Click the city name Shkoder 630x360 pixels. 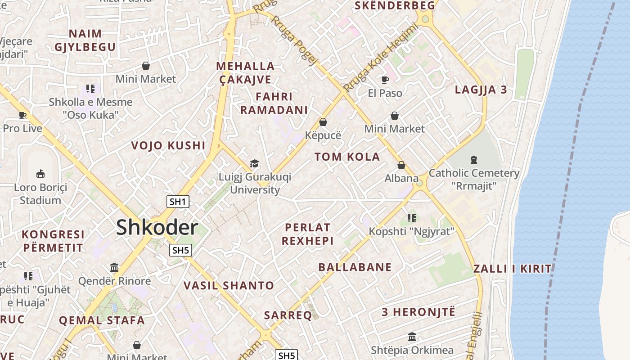click(x=157, y=228)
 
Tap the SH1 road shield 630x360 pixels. click(x=178, y=202)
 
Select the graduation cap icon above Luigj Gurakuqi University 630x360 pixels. click(x=255, y=163)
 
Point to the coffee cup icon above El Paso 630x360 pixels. click(x=385, y=80)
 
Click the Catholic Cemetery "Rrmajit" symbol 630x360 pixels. click(x=473, y=159)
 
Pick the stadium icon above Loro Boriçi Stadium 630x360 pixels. click(x=40, y=174)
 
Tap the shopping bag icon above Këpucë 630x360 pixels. click(x=323, y=122)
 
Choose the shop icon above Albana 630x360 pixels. click(x=401, y=165)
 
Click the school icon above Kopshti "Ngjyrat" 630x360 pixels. click(x=411, y=218)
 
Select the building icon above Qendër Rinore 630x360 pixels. click(x=114, y=268)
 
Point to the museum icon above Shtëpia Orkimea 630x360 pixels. click(x=412, y=337)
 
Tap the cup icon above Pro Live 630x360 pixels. click(x=22, y=115)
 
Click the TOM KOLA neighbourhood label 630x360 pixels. click(x=347, y=157)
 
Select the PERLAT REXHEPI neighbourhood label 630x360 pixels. click(x=308, y=234)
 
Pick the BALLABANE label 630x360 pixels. click(x=355, y=267)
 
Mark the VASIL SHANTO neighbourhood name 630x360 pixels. click(x=229, y=285)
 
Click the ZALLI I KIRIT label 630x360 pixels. click(x=512, y=269)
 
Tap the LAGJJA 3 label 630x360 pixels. click(x=481, y=90)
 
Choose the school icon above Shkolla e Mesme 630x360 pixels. click(x=90, y=89)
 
